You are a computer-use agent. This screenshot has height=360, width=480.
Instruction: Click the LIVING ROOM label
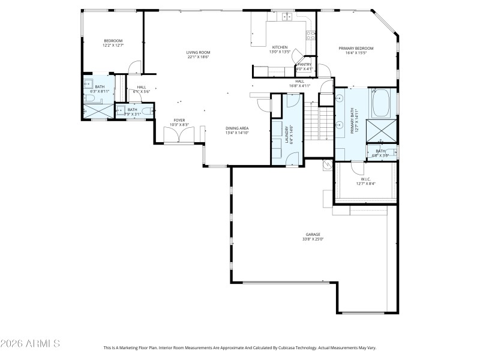[197, 53]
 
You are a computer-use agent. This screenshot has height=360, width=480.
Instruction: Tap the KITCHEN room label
[280, 47]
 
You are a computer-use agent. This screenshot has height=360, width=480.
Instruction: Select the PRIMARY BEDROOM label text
[356, 49]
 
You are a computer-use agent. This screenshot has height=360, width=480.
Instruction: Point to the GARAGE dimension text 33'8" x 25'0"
[314, 239]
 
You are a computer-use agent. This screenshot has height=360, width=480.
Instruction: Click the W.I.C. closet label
[365, 179]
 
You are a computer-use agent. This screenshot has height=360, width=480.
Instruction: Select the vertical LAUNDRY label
[292, 135]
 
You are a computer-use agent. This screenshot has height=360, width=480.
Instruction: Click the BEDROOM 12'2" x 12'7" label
[113, 43]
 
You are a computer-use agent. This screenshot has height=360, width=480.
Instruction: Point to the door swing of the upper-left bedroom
[136, 68]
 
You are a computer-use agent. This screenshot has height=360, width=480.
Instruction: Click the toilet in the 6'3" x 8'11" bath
[88, 98]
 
